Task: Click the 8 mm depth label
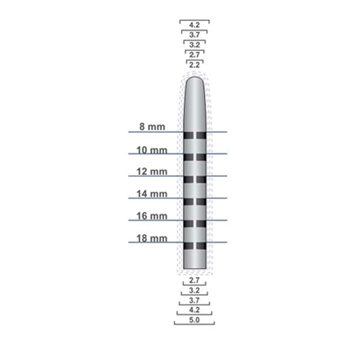click(152, 127)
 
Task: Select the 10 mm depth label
click(152, 150)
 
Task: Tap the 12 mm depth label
click(152, 172)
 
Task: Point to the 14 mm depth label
click(152, 194)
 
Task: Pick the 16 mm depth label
click(152, 216)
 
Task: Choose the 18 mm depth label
click(152, 238)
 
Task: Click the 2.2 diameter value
click(194, 65)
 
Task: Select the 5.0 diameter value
click(194, 320)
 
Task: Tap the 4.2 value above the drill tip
click(194, 25)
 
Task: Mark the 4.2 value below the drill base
click(194, 310)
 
